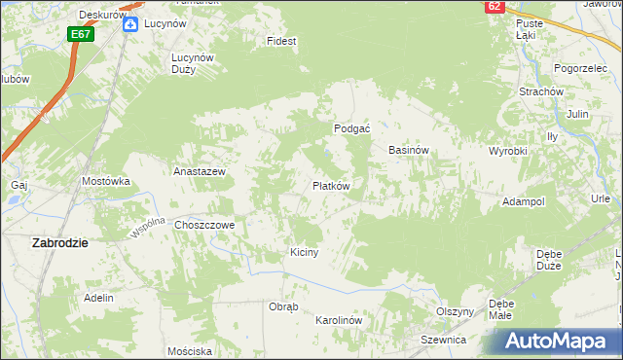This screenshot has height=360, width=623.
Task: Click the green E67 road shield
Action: (x=81, y=34)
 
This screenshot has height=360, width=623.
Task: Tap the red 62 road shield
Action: (x=495, y=6)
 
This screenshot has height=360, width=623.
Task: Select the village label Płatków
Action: (x=331, y=185)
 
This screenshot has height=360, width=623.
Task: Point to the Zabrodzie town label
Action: (x=60, y=243)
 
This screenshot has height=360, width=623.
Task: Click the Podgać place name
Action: (x=350, y=128)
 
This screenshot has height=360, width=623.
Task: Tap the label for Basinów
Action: (x=409, y=151)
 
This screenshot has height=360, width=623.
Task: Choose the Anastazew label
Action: (x=200, y=171)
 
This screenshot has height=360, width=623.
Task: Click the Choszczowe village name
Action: (x=205, y=225)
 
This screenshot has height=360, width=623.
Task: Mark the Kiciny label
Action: (x=305, y=252)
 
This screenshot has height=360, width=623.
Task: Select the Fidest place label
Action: (x=282, y=42)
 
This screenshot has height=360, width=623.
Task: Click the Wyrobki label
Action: (x=507, y=152)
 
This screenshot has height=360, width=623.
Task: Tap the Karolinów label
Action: (x=339, y=320)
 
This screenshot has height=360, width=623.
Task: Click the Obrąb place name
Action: (x=282, y=306)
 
